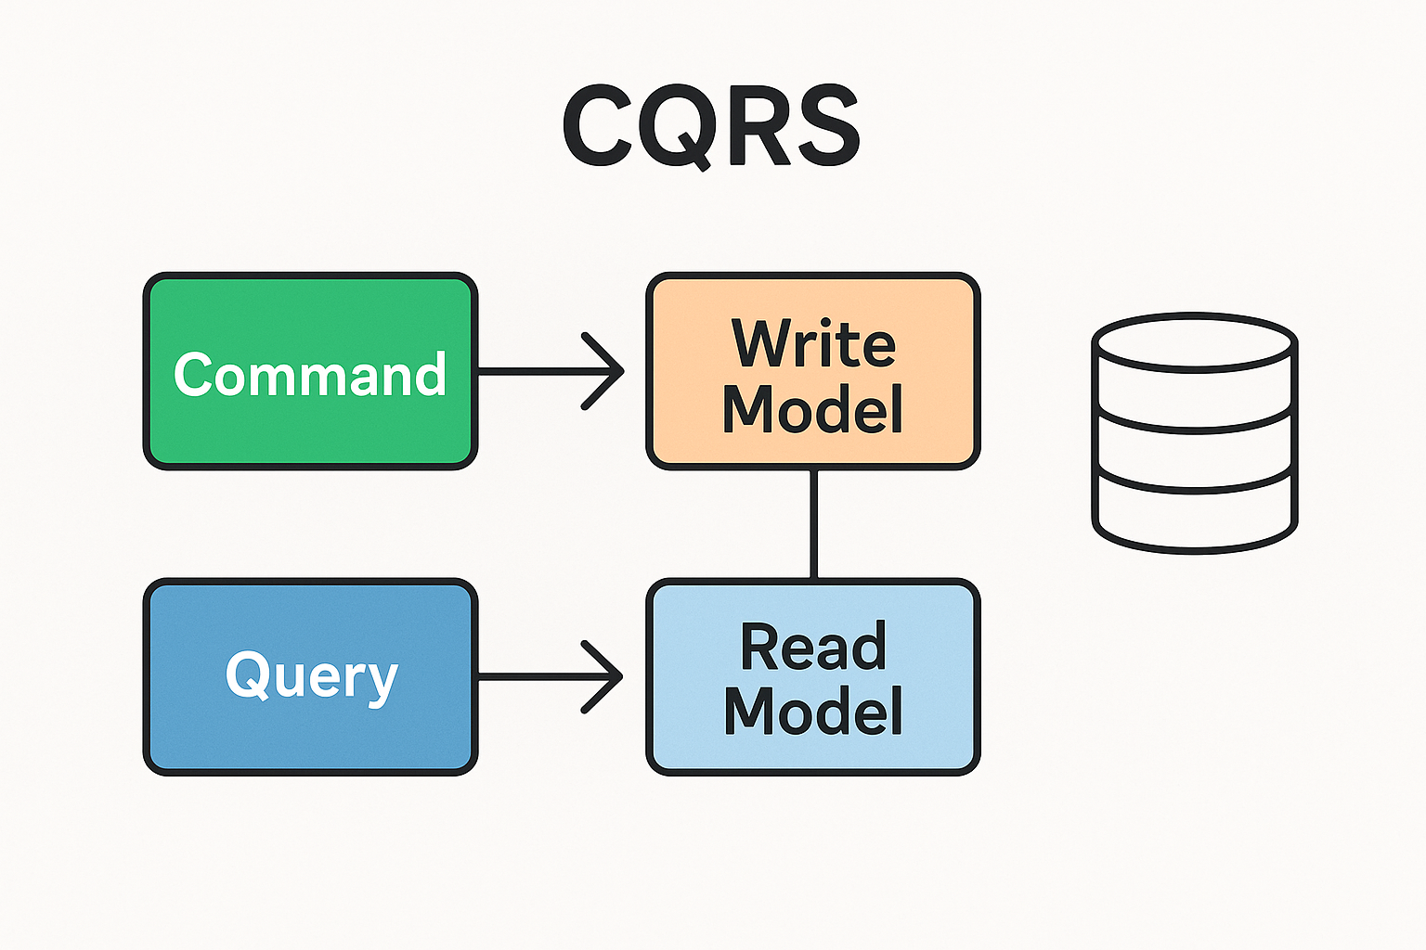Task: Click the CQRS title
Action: point(711,126)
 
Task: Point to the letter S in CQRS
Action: point(823,126)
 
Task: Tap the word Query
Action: point(311,676)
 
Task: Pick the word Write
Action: point(813,343)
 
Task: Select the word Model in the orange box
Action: point(813,408)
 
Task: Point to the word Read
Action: point(813,647)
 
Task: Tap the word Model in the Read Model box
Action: point(813,712)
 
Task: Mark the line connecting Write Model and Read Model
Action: point(813,524)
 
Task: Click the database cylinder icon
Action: point(1194,432)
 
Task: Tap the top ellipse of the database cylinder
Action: point(1194,341)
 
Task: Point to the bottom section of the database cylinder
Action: point(1194,516)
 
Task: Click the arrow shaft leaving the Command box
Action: point(529,371)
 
